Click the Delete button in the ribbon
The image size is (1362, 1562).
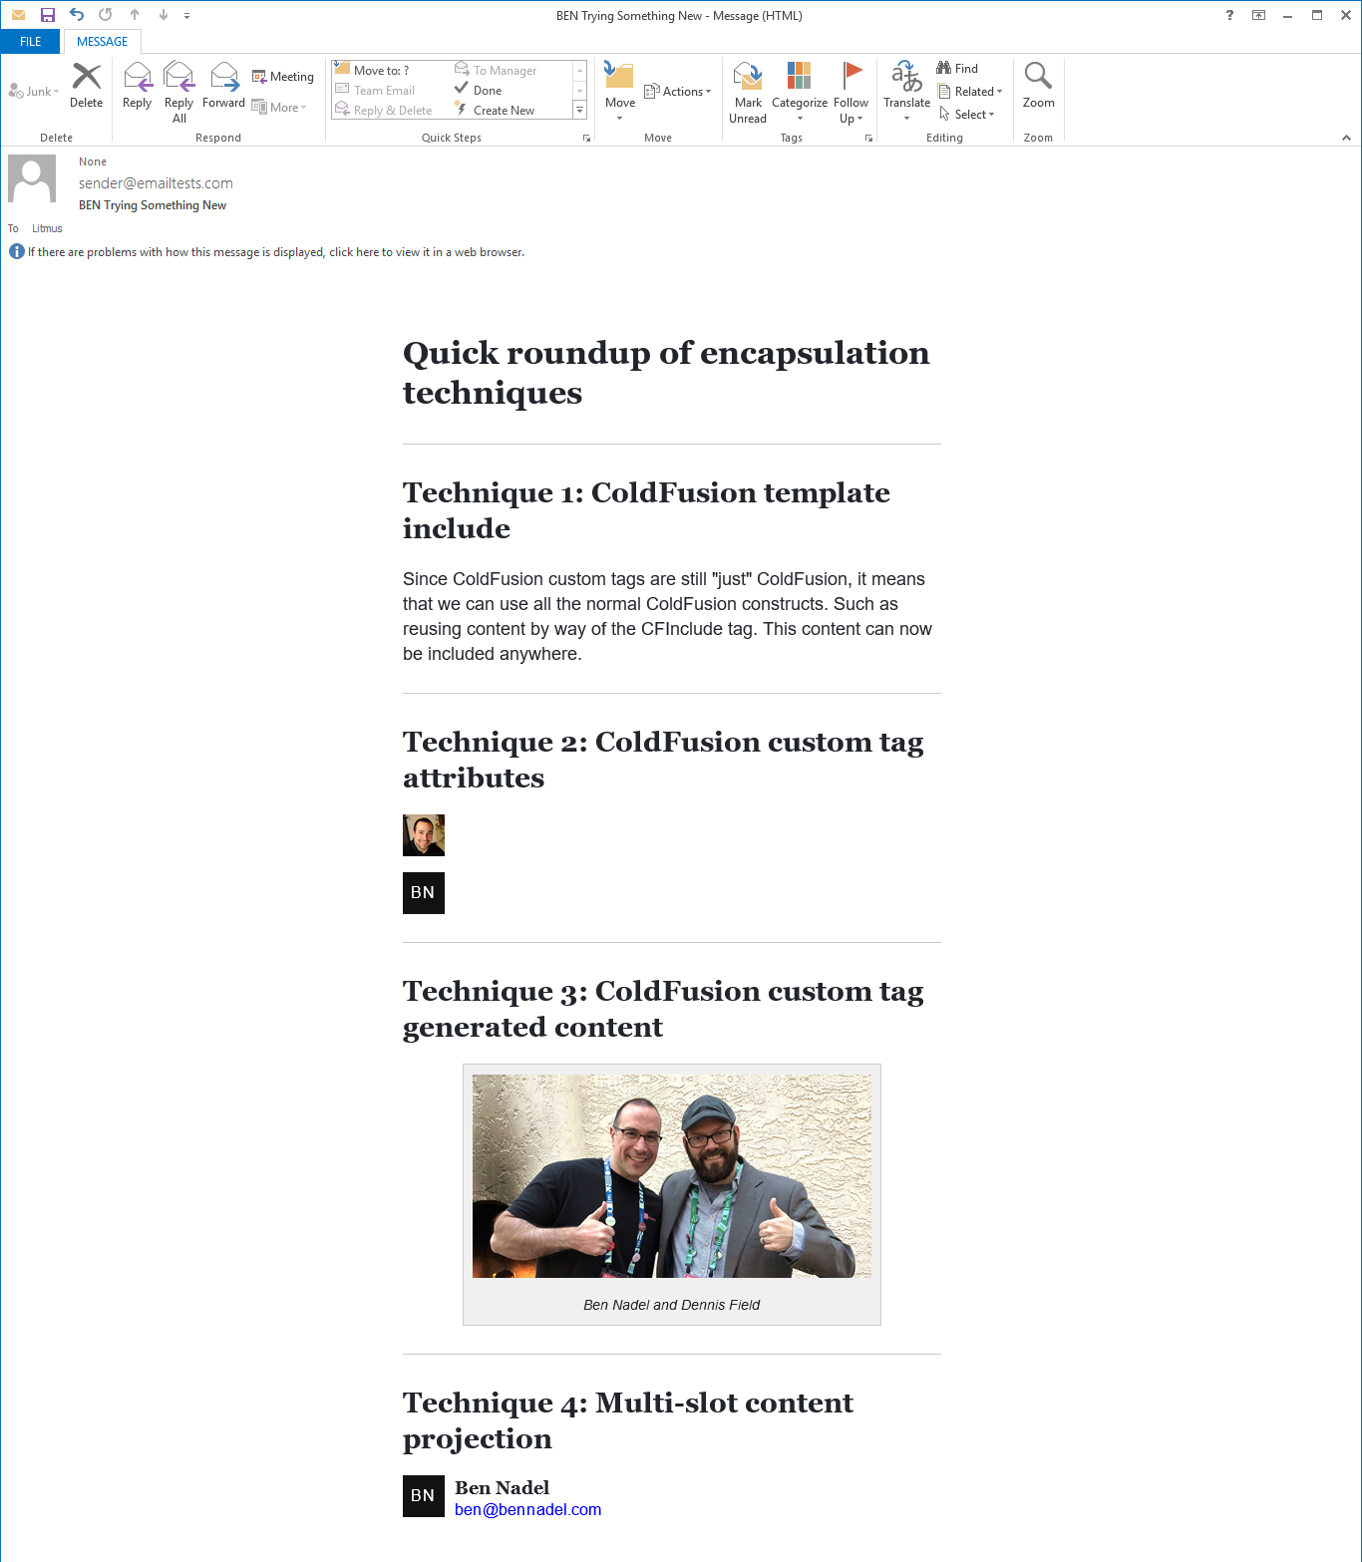pos(87,85)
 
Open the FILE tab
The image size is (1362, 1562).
pos(31,42)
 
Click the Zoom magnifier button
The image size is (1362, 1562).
pos(1038,85)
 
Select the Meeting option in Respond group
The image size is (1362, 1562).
pos(283,77)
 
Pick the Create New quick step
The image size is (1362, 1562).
pos(503,111)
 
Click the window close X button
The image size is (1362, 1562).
pos(1345,15)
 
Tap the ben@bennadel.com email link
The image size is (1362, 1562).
pos(527,1510)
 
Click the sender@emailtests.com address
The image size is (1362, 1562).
pos(156,183)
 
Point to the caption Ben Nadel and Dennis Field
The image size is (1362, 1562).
pos(671,1305)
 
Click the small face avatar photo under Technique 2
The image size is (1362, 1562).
pos(424,835)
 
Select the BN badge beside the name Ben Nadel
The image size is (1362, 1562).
pos(424,1496)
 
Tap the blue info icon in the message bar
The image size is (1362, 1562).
pos(17,251)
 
